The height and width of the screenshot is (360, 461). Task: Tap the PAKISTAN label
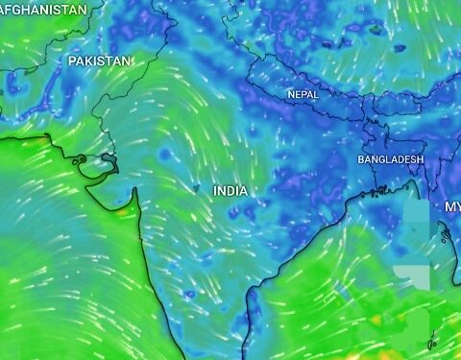(x=99, y=60)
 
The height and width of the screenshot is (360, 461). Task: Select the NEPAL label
(x=303, y=94)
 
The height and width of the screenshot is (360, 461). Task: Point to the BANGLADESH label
(x=390, y=158)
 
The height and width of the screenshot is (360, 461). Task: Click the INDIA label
(x=230, y=191)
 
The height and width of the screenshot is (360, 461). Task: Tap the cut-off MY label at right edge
(x=452, y=206)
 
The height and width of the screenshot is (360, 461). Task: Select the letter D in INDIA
(x=231, y=191)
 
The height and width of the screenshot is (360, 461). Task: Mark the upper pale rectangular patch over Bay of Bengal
(x=415, y=216)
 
